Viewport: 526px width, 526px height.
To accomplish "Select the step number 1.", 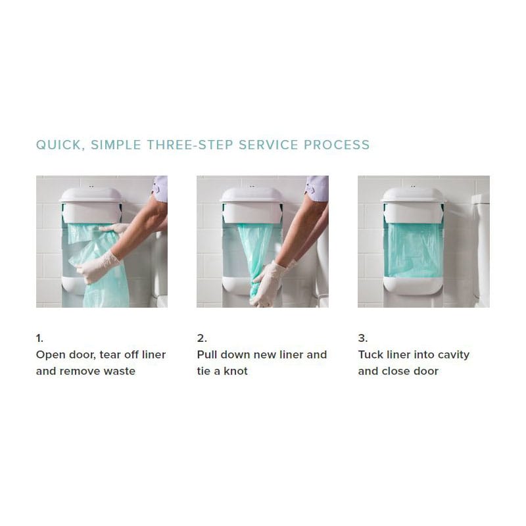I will [39, 338].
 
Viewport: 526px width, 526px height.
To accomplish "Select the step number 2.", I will [202, 338].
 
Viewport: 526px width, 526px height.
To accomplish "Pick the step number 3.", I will [363, 338].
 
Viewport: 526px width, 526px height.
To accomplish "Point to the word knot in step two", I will [235, 371].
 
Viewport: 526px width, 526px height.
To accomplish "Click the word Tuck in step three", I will [371, 354].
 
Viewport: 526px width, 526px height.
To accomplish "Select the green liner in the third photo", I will [413, 250].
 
